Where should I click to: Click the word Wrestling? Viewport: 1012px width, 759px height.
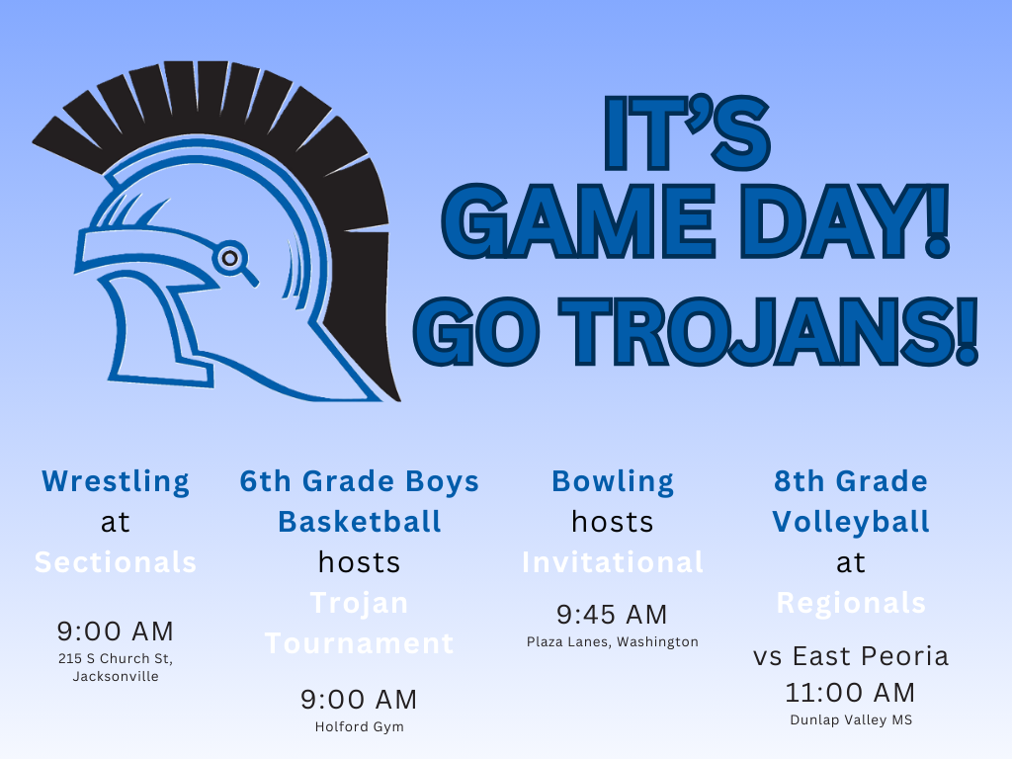coord(116,481)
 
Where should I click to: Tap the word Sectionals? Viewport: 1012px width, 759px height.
coord(116,562)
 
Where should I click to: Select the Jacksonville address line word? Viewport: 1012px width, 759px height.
coord(116,677)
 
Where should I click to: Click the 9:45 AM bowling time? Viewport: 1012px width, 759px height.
coord(613,615)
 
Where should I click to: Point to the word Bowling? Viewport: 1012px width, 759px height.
coord(613,481)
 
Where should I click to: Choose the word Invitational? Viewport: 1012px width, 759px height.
coord(613,562)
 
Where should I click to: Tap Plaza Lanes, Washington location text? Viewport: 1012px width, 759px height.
coord(613,641)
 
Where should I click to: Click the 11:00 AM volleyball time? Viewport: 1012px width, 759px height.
coord(851,692)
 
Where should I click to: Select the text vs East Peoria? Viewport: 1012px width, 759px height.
coord(851,656)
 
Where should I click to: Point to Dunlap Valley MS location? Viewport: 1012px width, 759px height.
coord(851,719)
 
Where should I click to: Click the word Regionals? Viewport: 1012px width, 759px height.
coord(851,603)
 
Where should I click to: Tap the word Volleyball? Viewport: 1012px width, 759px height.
coord(851,522)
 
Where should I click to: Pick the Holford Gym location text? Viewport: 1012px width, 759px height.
coord(360,726)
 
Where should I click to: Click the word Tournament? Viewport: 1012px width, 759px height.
coord(360,643)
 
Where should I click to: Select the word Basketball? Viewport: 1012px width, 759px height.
coord(360,522)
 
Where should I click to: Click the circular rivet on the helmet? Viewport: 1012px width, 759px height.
coord(229,258)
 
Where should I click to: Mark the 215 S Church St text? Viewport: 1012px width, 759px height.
coord(116,658)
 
